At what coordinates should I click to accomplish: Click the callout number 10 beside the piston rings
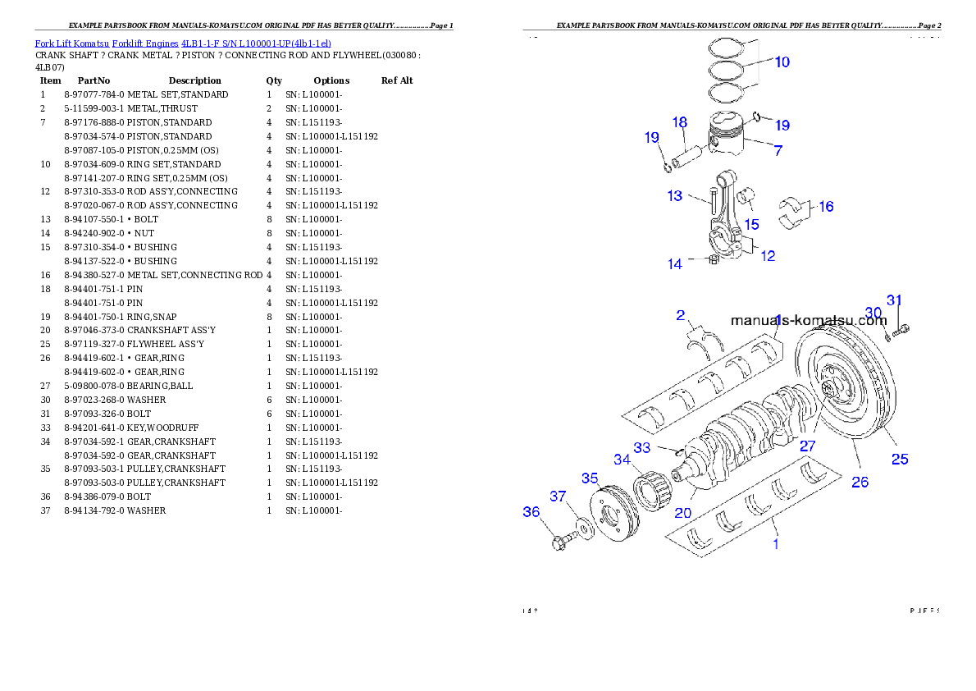pyautogui.click(x=782, y=62)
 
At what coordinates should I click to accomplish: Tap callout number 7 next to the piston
pyautogui.click(x=778, y=151)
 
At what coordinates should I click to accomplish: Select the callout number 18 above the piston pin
pyautogui.click(x=680, y=122)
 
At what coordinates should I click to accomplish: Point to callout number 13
pyautogui.click(x=674, y=196)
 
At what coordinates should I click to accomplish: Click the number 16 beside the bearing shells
pyautogui.click(x=826, y=207)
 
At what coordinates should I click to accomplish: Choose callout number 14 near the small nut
pyautogui.click(x=674, y=264)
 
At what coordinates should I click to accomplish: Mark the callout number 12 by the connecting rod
pyautogui.click(x=768, y=256)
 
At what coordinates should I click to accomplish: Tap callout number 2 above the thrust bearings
pyautogui.click(x=680, y=315)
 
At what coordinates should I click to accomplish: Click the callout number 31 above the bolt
pyautogui.click(x=894, y=300)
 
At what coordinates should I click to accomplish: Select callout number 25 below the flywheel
pyautogui.click(x=900, y=460)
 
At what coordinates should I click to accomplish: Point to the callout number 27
pyautogui.click(x=808, y=446)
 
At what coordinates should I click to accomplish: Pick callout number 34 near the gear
pyautogui.click(x=623, y=460)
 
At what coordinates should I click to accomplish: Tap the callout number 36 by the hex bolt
pyautogui.click(x=531, y=512)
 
